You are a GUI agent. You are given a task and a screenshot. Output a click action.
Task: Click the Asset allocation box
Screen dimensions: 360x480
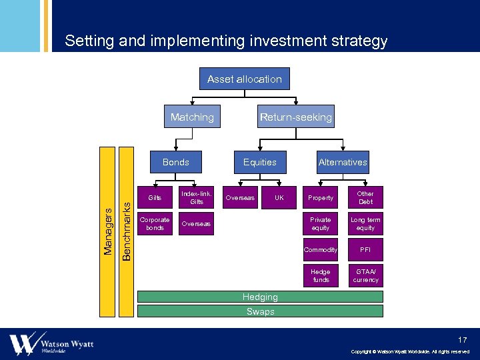click(x=244, y=79)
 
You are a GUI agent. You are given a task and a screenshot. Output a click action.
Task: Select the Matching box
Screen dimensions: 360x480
click(x=192, y=117)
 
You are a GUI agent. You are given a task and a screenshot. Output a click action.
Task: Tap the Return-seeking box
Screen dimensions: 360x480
click(x=295, y=117)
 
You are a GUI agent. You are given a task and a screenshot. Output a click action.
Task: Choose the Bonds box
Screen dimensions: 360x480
click(x=175, y=162)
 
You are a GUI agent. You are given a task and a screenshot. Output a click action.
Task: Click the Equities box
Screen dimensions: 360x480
click(x=259, y=162)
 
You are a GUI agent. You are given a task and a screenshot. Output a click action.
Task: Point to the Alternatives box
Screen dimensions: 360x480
click(x=343, y=162)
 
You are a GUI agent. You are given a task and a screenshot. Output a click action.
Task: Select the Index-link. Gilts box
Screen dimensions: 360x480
click(x=197, y=197)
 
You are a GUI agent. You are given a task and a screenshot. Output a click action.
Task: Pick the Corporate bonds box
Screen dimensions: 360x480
click(x=155, y=223)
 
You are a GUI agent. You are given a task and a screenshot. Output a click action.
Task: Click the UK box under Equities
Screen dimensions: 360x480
click(x=279, y=197)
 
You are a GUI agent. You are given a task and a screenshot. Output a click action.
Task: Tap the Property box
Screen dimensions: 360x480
click(x=321, y=197)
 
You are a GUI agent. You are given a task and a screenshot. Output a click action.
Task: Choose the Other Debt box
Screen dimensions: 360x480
click(x=365, y=197)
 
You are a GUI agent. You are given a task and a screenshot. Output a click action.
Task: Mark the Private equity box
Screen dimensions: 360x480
click(x=321, y=223)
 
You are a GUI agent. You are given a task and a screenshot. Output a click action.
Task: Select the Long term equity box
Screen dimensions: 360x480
click(x=365, y=223)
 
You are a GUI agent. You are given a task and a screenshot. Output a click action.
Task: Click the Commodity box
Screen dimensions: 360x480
click(x=321, y=249)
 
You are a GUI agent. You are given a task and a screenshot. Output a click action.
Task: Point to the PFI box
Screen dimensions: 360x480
click(x=365, y=249)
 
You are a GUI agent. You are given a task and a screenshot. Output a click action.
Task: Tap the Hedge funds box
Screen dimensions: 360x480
click(x=321, y=275)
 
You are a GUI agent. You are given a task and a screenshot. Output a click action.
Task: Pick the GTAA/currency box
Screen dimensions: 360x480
click(x=365, y=275)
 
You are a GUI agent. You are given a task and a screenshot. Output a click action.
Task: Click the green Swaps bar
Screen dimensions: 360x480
click(x=260, y=311)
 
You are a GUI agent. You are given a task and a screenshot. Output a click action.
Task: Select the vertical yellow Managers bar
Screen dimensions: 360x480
click(x=107, y=231)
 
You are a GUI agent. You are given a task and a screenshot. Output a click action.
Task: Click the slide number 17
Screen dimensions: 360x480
click(x=463, y=340)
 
